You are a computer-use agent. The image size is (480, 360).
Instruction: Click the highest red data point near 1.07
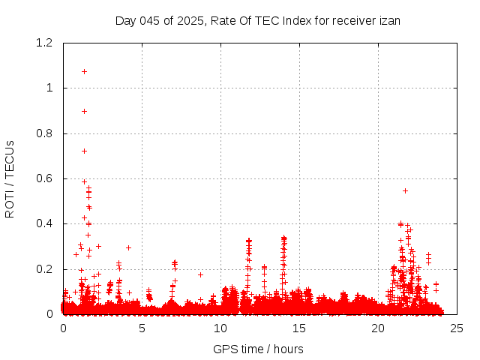(x=84, y=71)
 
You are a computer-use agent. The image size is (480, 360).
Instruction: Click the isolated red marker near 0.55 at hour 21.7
(x=405, y=190)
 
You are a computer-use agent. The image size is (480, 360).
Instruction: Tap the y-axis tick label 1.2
(x=46, y=43)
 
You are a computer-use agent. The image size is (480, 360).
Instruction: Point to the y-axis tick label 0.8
(x=46, y=133)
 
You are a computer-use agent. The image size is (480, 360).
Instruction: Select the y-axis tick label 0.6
(x=46, y=178)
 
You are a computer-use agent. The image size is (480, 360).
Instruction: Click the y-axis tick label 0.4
(x=46, y=224)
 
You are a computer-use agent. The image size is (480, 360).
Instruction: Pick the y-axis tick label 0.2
(x=46, y=269)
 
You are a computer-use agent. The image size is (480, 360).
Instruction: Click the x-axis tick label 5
(x=142, y=328)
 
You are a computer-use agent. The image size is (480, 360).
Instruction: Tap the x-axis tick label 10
(x=220, y=328)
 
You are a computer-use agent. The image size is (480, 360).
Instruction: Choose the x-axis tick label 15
(x=299, y=328)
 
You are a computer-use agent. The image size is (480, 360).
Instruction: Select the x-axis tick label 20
(x=378, y=328)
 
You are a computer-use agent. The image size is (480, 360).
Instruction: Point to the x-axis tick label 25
(x=457, y=328)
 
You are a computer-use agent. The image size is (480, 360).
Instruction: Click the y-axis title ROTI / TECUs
(x=10, y=178)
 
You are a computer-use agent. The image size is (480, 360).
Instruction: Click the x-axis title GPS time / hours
(x=258, y=349)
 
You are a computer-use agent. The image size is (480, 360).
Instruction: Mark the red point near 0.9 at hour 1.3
(x=84, y=111)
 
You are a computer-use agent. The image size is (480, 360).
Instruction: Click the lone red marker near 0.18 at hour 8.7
(x=200, y=274)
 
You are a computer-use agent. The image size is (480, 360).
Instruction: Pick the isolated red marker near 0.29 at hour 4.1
(x=128, y=247)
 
